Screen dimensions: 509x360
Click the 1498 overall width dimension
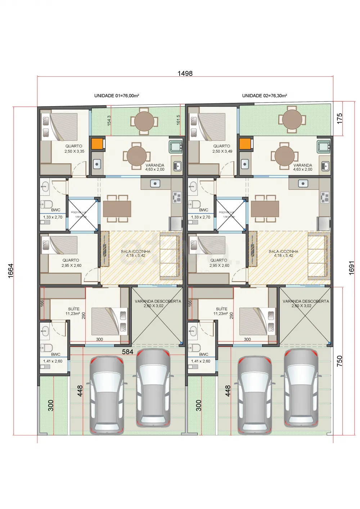coord(185,73)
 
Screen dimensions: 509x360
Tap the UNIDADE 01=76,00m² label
coord(117,96)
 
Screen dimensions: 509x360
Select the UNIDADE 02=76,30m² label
coord(264,96)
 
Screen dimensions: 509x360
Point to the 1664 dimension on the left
coord(11,270)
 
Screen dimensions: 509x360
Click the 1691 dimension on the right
coord(352,268)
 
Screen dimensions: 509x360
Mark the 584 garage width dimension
coord(127,352)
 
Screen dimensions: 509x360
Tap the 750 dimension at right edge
coord(339,361)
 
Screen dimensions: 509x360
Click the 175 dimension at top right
coord(339,119)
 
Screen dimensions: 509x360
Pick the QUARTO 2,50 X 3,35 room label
coord(74,149)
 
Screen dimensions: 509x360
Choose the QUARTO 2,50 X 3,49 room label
coord(222,149)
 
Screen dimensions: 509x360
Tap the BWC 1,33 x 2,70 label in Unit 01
coord(53,214)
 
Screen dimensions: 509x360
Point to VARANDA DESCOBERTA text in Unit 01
coord(158,301)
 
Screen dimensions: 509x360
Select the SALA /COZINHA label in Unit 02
coord(283,253)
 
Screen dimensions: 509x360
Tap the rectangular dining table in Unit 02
coord(265,209)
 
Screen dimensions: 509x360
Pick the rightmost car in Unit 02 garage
coord(301,388)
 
